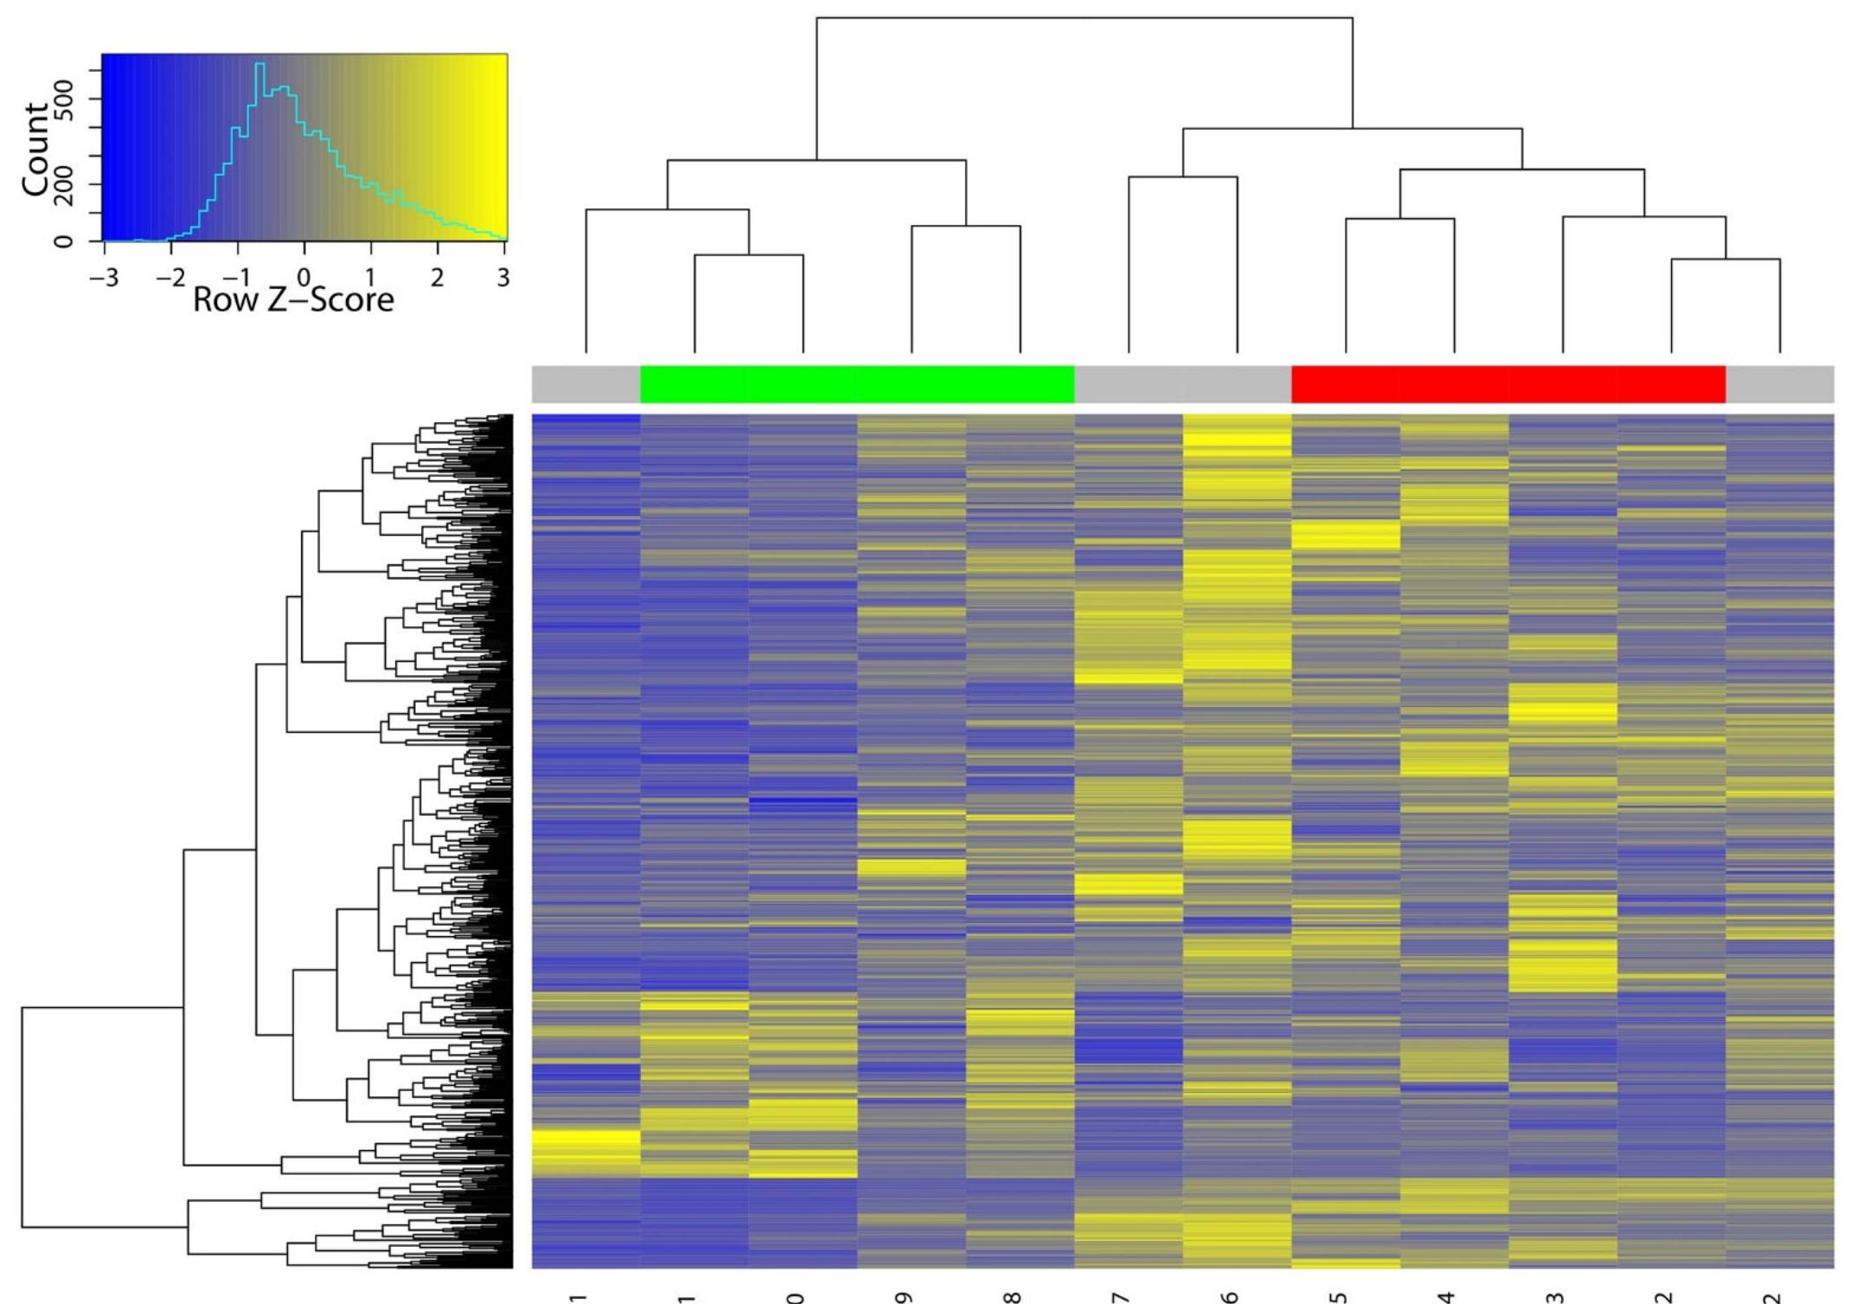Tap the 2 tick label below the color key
[x=438, y=278]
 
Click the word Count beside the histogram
[x=36, y=148]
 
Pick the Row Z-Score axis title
[x=293, y=299]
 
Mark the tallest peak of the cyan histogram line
[x=260, y=64]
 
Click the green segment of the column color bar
[x=856, y=384]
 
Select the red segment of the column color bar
[x=1508, y=384]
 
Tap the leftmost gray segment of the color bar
[x=586, y=384]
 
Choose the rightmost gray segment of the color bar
[x=1779, y=384]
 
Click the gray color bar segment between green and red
[x=1182, y=384]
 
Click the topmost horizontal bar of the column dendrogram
[x=1085, y=17]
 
